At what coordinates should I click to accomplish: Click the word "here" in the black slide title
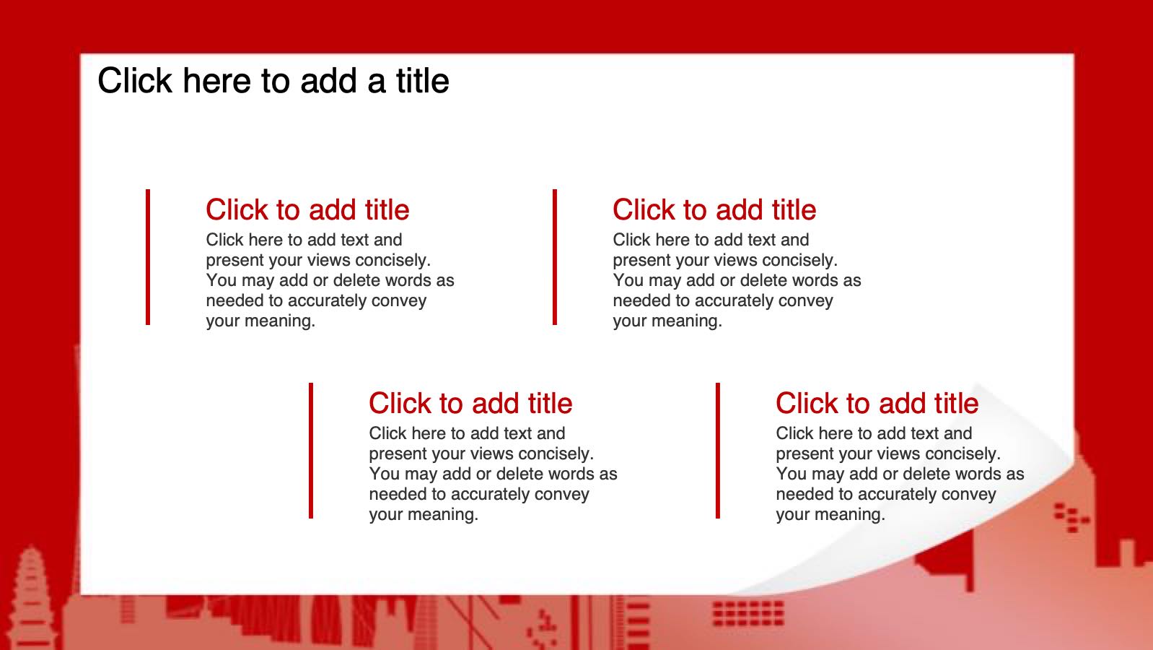[x=217, y=81]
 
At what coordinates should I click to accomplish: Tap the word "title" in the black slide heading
[x=422, y=81]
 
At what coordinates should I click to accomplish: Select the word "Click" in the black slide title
[x=135, y=81]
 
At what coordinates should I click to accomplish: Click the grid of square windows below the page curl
[x=748, y=613]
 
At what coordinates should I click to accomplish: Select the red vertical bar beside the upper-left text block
[x=148, y=257]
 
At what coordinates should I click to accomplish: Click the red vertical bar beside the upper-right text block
[x=554, y=257]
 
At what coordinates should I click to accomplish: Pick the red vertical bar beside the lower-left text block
[x=311, y=451]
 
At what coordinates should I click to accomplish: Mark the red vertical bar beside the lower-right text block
[x=717, y=451]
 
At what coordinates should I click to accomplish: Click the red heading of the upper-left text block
[x=307, y=209]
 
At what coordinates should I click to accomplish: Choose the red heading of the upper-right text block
[x=714, y=209]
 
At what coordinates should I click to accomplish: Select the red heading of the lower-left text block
[x=470, y=403]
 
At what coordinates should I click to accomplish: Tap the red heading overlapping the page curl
[x=877, y=403]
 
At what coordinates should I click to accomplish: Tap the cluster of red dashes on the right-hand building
[x=1071, y=517]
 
